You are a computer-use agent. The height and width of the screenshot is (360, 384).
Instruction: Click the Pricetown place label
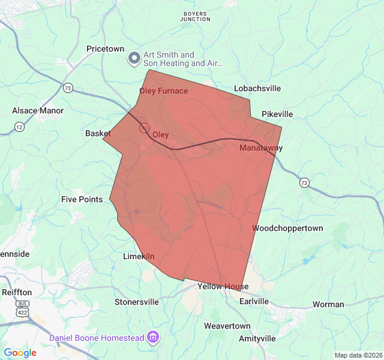[105, 49]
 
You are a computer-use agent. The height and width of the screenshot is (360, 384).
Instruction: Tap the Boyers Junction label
[195, 16]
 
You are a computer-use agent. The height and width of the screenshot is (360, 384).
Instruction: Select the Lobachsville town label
[257, 88]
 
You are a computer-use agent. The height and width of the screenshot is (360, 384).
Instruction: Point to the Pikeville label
[277, 114]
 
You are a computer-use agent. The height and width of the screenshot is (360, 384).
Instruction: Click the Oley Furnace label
[163, 91]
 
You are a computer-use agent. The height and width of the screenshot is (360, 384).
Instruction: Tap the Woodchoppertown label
[287, 229]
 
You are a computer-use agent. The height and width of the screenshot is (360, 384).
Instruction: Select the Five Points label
[82, 199]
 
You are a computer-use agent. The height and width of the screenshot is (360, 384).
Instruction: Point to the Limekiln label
[139, 257]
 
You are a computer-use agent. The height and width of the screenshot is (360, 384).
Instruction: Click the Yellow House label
[223, 287]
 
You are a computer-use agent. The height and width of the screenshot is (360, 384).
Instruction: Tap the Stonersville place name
[137, 302]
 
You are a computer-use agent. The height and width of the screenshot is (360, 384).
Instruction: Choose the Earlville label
[254, 301]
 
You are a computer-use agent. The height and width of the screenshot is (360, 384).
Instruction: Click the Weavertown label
[227, 326]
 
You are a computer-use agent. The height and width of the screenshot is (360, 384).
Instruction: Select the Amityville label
[257, 338]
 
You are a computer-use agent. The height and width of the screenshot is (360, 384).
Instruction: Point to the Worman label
[328, 304]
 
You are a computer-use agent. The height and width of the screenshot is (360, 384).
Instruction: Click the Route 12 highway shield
[20, 127]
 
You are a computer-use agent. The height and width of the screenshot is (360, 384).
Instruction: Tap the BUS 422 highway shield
[22, 308]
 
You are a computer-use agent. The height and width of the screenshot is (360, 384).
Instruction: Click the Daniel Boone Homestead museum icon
[153, 338]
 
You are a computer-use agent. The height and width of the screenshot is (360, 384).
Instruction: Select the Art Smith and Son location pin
[134, 59]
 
